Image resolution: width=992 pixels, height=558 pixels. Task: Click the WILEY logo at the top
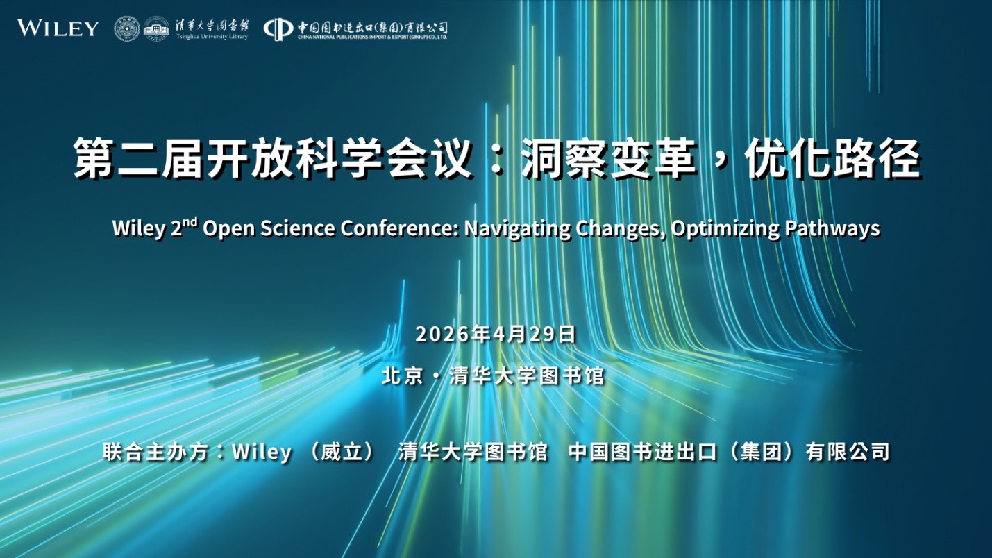coord(58,28)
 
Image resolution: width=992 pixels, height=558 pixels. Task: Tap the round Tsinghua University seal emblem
coord(127,28)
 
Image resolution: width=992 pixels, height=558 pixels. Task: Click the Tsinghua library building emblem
coord(156,28)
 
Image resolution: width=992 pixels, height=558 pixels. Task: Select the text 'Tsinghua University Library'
coord(212,37)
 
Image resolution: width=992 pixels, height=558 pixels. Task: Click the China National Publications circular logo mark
coord(278,28)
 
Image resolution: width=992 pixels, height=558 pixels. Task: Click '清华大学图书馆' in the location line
coord(527,376)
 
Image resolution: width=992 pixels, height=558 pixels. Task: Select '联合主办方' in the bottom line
coord(155,452)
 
